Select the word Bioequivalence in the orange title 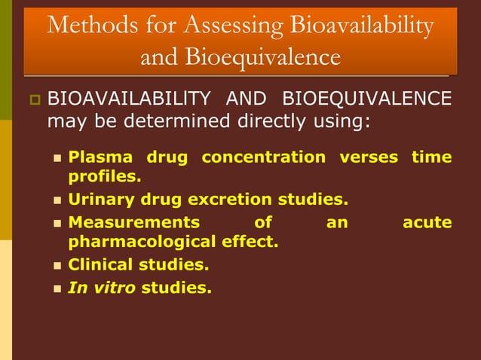(240, 56)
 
